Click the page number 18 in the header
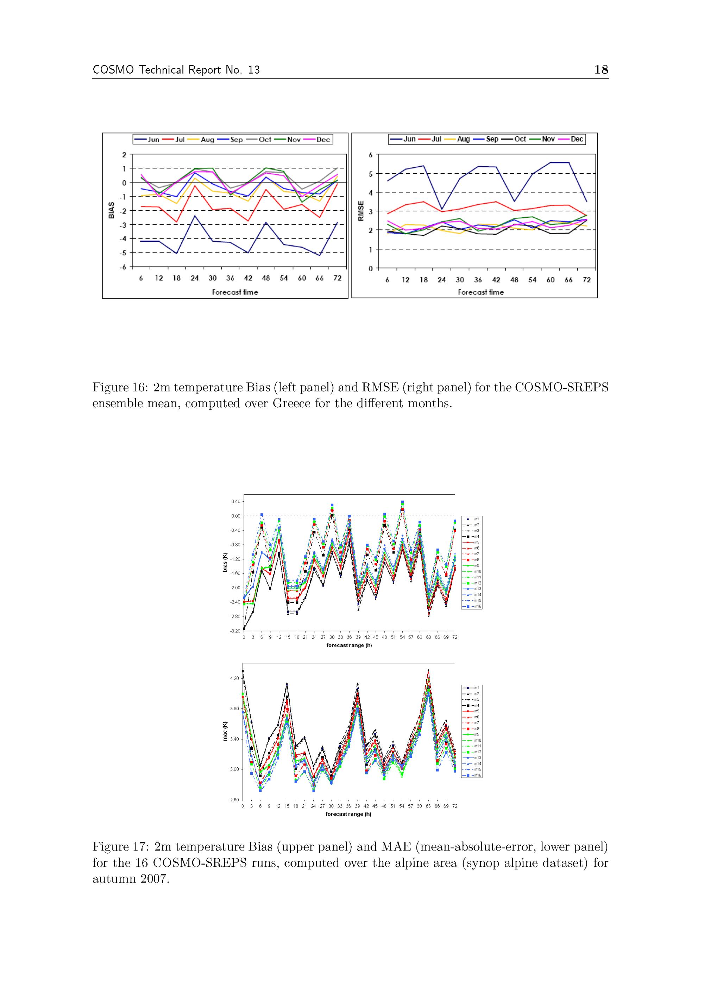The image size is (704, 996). [x=601, y=69]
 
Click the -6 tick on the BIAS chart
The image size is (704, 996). [x=123, y=267]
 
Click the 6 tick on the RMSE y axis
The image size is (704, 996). [x=371, y=155]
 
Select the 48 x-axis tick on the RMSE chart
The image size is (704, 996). [x=514, y=280]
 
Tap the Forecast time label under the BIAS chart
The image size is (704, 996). [x=235, y=292]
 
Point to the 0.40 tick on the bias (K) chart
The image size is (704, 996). [x=235, y=501]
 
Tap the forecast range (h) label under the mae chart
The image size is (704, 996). [x=348, y=814]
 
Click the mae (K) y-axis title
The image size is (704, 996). [x=225, y=731]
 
